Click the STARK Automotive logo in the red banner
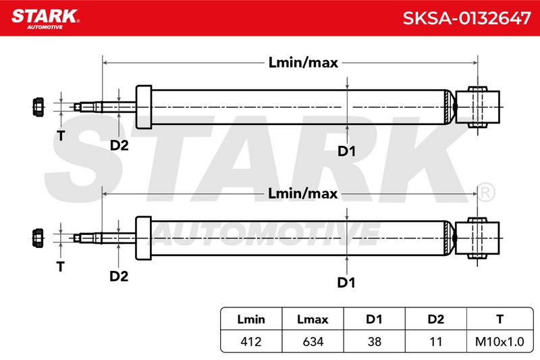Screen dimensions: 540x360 (45, 19)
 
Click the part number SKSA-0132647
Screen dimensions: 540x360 (466, 18)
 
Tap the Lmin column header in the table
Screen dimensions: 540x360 (251, 319)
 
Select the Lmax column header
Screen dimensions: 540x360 (313, 319)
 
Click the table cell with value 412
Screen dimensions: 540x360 (251, 342)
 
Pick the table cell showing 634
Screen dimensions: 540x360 (313, 342)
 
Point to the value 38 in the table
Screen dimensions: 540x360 (375, 342)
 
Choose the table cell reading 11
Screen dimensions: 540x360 (435, 342)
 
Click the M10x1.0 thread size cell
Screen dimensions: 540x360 (500, 342)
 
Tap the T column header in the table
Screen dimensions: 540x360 (500, 319)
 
